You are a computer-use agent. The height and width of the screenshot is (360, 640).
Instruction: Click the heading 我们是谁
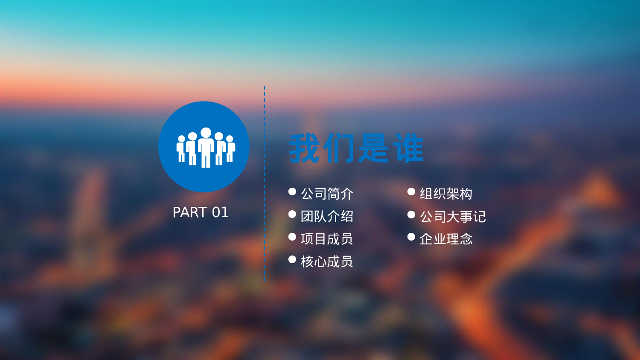(x=356, y=148)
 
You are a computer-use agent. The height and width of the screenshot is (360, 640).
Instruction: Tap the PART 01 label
(x=201, y=212)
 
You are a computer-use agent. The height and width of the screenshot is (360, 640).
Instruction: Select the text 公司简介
(x=327, y=194)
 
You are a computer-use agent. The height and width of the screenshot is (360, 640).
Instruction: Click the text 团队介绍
(x=327, y=217)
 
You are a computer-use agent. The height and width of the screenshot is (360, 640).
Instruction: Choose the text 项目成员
(x=327, y=239)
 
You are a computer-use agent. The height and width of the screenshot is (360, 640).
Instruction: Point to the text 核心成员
(x=327, y=261)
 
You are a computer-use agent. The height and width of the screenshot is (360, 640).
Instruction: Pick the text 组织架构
(x=446, y=194)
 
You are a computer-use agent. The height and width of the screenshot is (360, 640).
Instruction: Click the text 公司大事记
(x=453, y=217)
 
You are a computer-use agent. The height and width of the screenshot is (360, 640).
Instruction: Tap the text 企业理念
(x=446, y=239)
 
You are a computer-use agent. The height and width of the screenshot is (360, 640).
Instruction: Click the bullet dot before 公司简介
(x=292, y=192)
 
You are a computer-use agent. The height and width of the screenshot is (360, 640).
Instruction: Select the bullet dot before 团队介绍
(x=292, y=214)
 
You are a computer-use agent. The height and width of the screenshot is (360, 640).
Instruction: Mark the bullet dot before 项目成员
(x=292, y=237)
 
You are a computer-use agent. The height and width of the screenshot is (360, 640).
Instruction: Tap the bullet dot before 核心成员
(x=292, y=259)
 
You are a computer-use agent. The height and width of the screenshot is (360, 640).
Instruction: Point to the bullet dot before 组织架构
(x=411, y=192)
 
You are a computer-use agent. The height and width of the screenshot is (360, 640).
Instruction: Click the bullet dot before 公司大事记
(x=411, y=214)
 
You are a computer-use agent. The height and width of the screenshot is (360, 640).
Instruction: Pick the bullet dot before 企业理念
(x=411, y=237)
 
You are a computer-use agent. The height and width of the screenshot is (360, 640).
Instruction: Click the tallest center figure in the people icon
(x=206, y=147)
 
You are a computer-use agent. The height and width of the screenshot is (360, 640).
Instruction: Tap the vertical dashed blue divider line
(x=265, y=183)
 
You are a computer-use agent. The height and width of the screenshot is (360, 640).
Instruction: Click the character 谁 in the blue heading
(x=409, y=148)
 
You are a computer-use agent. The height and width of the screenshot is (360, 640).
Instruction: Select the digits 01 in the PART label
(x=220, y=212)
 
